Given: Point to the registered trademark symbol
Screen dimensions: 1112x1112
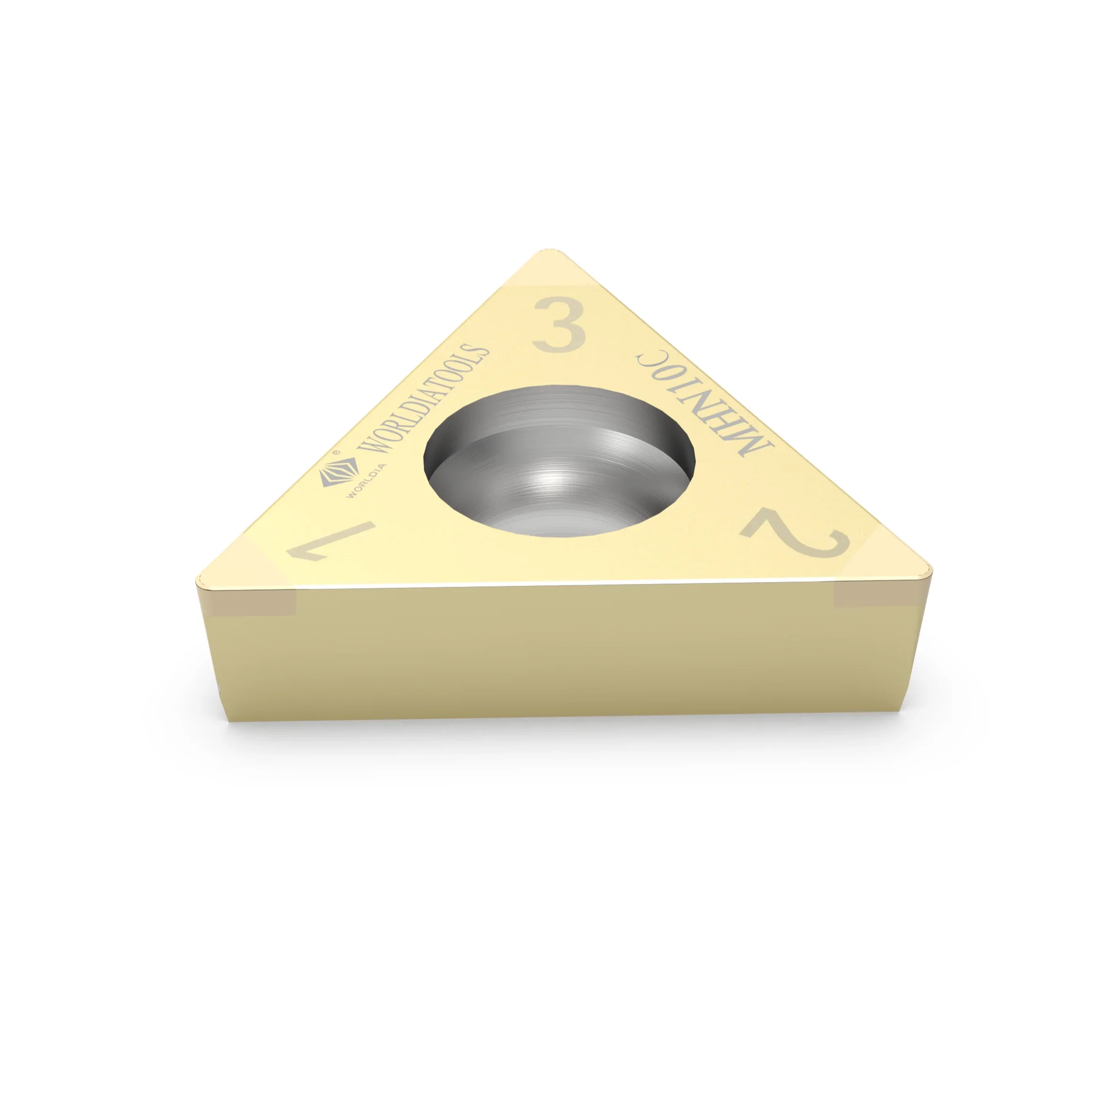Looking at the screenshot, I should point(336,454).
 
